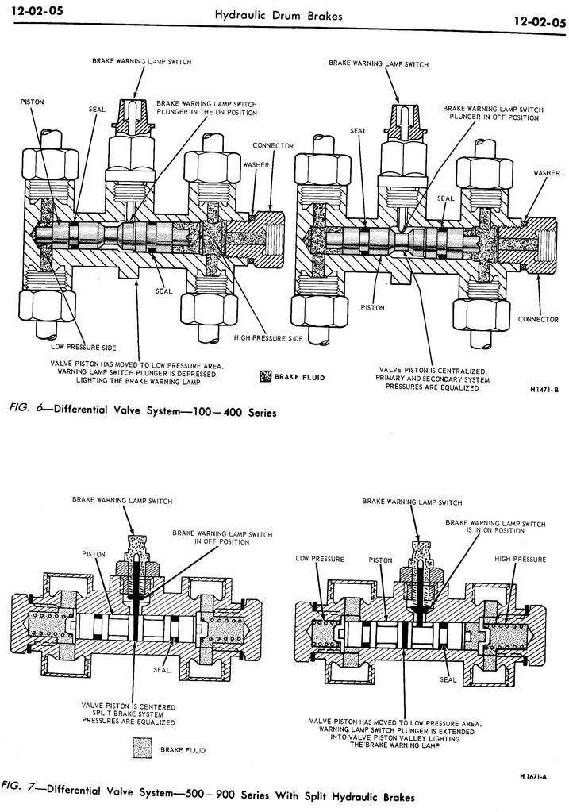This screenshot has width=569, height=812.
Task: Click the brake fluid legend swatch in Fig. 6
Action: pos(266,377)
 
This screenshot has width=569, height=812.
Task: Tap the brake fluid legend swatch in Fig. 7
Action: pos(144,748)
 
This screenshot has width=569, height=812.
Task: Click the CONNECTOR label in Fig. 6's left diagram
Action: pos(273,146)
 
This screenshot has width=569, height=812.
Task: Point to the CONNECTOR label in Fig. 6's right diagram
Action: pos(540,319)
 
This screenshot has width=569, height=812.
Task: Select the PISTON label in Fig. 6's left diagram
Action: pos(33,102)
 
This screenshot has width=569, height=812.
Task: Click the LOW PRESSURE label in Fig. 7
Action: pos(319,559)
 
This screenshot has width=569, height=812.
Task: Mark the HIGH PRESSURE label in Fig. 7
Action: pos(521,559)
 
